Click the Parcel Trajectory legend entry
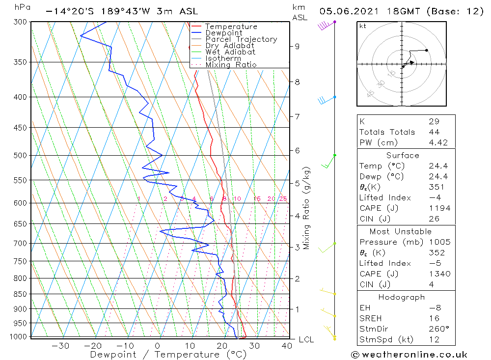point(241,39)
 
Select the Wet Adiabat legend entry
point(230,52)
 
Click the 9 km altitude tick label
point(297,46)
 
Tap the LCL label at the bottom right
point(306,339)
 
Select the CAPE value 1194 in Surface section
point(439,208)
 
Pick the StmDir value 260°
point(436,329)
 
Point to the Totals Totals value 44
point(434,132)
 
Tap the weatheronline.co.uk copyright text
point(409,355)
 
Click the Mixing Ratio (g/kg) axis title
point(307,208)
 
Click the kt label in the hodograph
point(363,26)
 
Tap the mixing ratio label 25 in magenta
point(283,199)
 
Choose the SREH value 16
point(434,318)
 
